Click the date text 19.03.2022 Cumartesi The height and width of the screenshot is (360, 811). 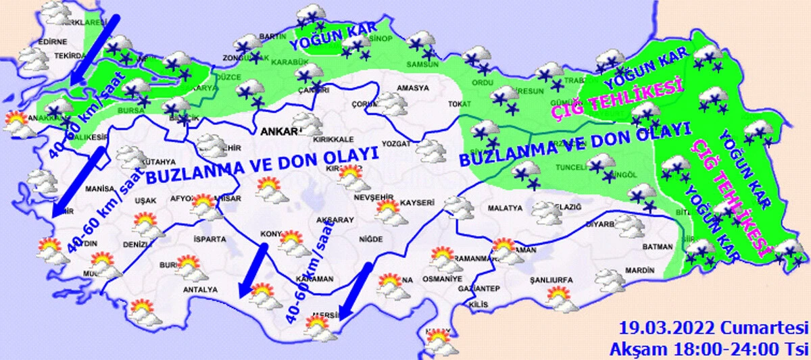714,329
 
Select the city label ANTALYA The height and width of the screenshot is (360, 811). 201,290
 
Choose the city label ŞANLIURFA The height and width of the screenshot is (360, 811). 552,280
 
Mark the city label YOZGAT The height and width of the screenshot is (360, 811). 397,144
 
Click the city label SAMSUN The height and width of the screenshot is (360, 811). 422,66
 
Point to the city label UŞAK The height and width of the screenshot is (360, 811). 145,201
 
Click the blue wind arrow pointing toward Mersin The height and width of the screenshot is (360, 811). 354,290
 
